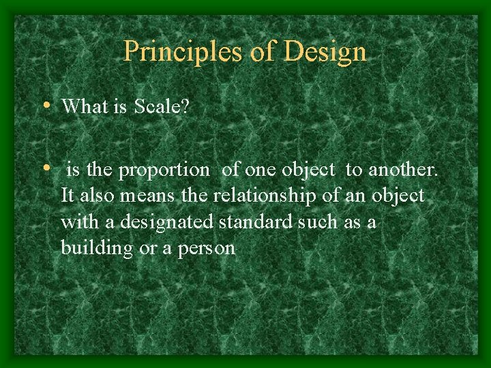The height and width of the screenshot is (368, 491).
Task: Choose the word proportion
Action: click(x=164, y=170)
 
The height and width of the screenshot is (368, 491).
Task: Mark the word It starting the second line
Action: click(x=67, y=196)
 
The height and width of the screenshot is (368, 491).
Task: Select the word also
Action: click(x=96, y=196)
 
